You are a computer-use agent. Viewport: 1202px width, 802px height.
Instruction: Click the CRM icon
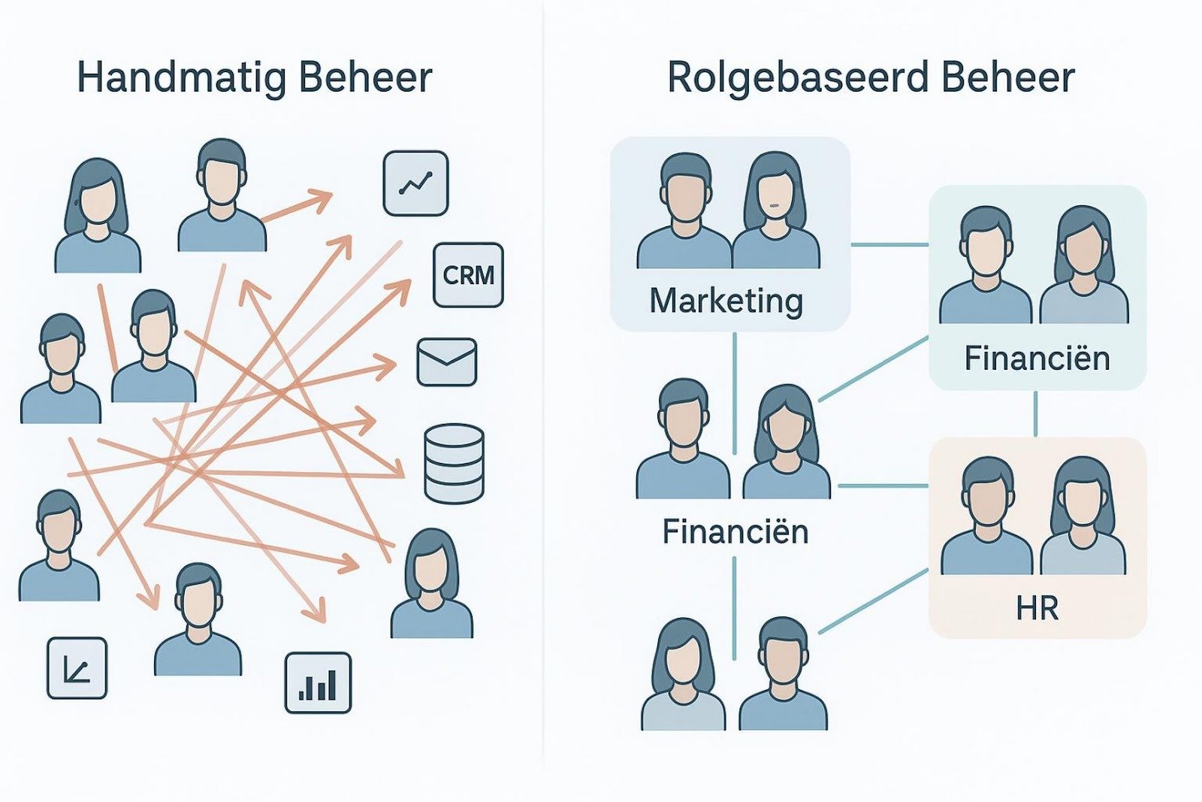coord(468,275)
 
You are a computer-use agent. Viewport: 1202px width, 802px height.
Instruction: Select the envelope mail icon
coord(446,362)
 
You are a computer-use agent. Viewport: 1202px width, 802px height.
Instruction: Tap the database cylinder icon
coord(454,463)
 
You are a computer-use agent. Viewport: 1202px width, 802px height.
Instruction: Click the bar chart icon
coord(318,682)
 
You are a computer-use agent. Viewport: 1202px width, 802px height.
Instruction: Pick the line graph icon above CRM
coord(415,183)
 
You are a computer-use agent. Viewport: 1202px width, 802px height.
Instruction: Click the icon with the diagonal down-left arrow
coord(77,668)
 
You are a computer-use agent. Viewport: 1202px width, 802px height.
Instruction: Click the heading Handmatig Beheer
coord(255,78)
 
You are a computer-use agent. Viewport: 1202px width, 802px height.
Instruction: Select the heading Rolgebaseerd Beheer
coord(871,78)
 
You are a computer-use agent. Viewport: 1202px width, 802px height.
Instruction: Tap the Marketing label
coord(726,301)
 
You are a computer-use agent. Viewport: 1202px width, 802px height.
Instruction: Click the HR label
coord(1037,608)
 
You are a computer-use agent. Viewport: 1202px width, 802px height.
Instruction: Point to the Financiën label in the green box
coord(1037,359)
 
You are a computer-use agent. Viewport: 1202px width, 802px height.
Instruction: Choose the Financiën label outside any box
coord(735,532)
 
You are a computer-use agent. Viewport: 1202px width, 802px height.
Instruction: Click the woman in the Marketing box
coord(775,214)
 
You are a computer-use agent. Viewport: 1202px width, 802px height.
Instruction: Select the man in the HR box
coord(986,519)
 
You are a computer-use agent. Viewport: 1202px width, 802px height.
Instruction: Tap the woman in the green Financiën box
coord(1083,267)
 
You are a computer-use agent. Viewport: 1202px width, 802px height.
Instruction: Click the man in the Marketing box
coord(684,214)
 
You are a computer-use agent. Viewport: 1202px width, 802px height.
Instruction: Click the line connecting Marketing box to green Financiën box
coord(890,245)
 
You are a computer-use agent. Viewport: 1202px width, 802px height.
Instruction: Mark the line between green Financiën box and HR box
coord(1036,413)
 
